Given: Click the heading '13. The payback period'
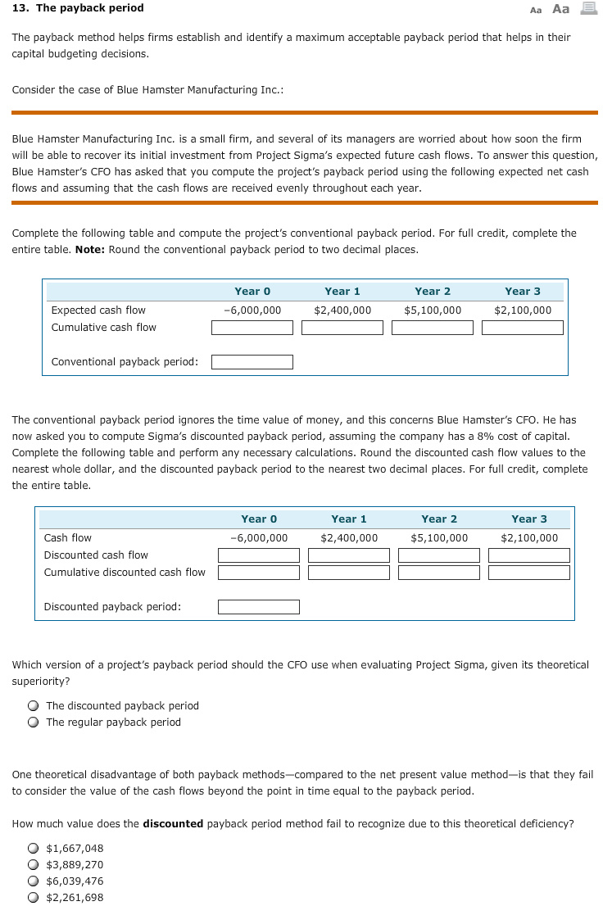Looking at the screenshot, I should tap(78, 8).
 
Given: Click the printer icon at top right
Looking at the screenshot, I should tap(587, 8).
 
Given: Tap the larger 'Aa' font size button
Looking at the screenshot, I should tap(561, 9).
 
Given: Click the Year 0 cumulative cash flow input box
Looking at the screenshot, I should tap(252, 328).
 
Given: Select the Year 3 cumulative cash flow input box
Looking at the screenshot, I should tap(523, 328).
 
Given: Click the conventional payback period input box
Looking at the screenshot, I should tap(252, 362).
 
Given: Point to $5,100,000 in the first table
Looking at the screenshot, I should tap(433, 310).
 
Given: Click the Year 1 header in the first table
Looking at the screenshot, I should tap(342, 292).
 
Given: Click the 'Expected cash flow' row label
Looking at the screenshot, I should tap(98, 310).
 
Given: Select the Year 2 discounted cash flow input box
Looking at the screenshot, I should tap(439, 555).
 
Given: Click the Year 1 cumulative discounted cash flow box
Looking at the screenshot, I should tap(349, 573).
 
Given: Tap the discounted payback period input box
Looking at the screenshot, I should tap(259, 607).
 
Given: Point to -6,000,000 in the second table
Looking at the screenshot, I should tap(259, 538).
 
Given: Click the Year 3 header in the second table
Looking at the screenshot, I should tap(529, 519).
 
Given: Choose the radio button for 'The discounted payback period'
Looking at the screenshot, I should tap(33, 706).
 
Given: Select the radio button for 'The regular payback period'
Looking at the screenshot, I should tap(33, 722).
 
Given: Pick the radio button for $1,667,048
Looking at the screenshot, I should tap(33, 849).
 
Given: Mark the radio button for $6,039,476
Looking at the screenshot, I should tap(33, 881).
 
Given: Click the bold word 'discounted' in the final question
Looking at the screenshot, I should tap(173, 824).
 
